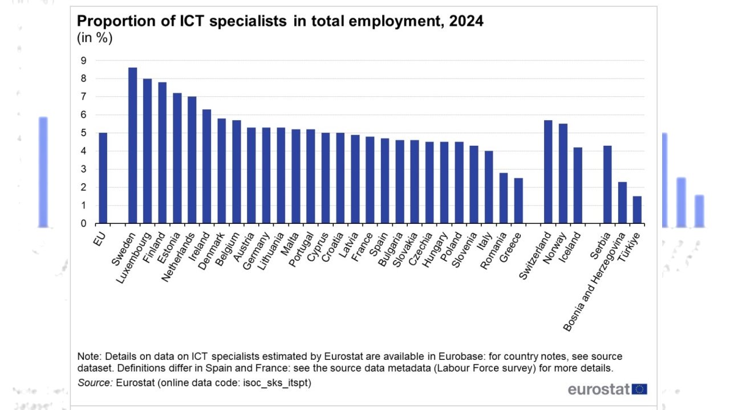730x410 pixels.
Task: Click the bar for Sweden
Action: tap(132, 146)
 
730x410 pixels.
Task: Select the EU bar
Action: tap(103, 178)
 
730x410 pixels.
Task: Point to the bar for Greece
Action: tap(518, 201)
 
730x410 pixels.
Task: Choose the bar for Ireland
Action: tap(206, 166)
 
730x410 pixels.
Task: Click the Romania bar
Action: tap(504, 198)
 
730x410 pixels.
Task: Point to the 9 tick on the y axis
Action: tap(83, 60)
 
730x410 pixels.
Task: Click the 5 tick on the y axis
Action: tap(83, 133)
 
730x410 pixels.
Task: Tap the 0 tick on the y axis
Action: tap(83, 224)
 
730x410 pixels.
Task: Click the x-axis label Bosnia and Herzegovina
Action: tap(594, 281)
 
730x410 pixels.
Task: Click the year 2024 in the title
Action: tap(466, 22)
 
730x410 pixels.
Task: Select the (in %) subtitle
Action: tap(95, 38)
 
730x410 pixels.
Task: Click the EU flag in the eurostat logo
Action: tap(640, 389)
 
